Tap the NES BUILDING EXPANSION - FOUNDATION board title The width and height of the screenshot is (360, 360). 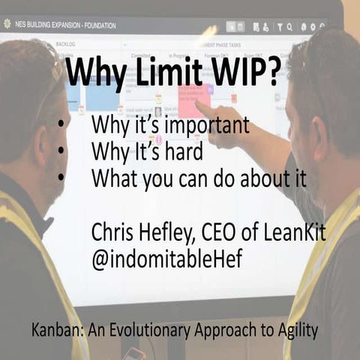click(68, 25)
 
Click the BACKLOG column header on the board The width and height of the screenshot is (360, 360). click(64, 44)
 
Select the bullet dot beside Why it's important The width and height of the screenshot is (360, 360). click(58, 124)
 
